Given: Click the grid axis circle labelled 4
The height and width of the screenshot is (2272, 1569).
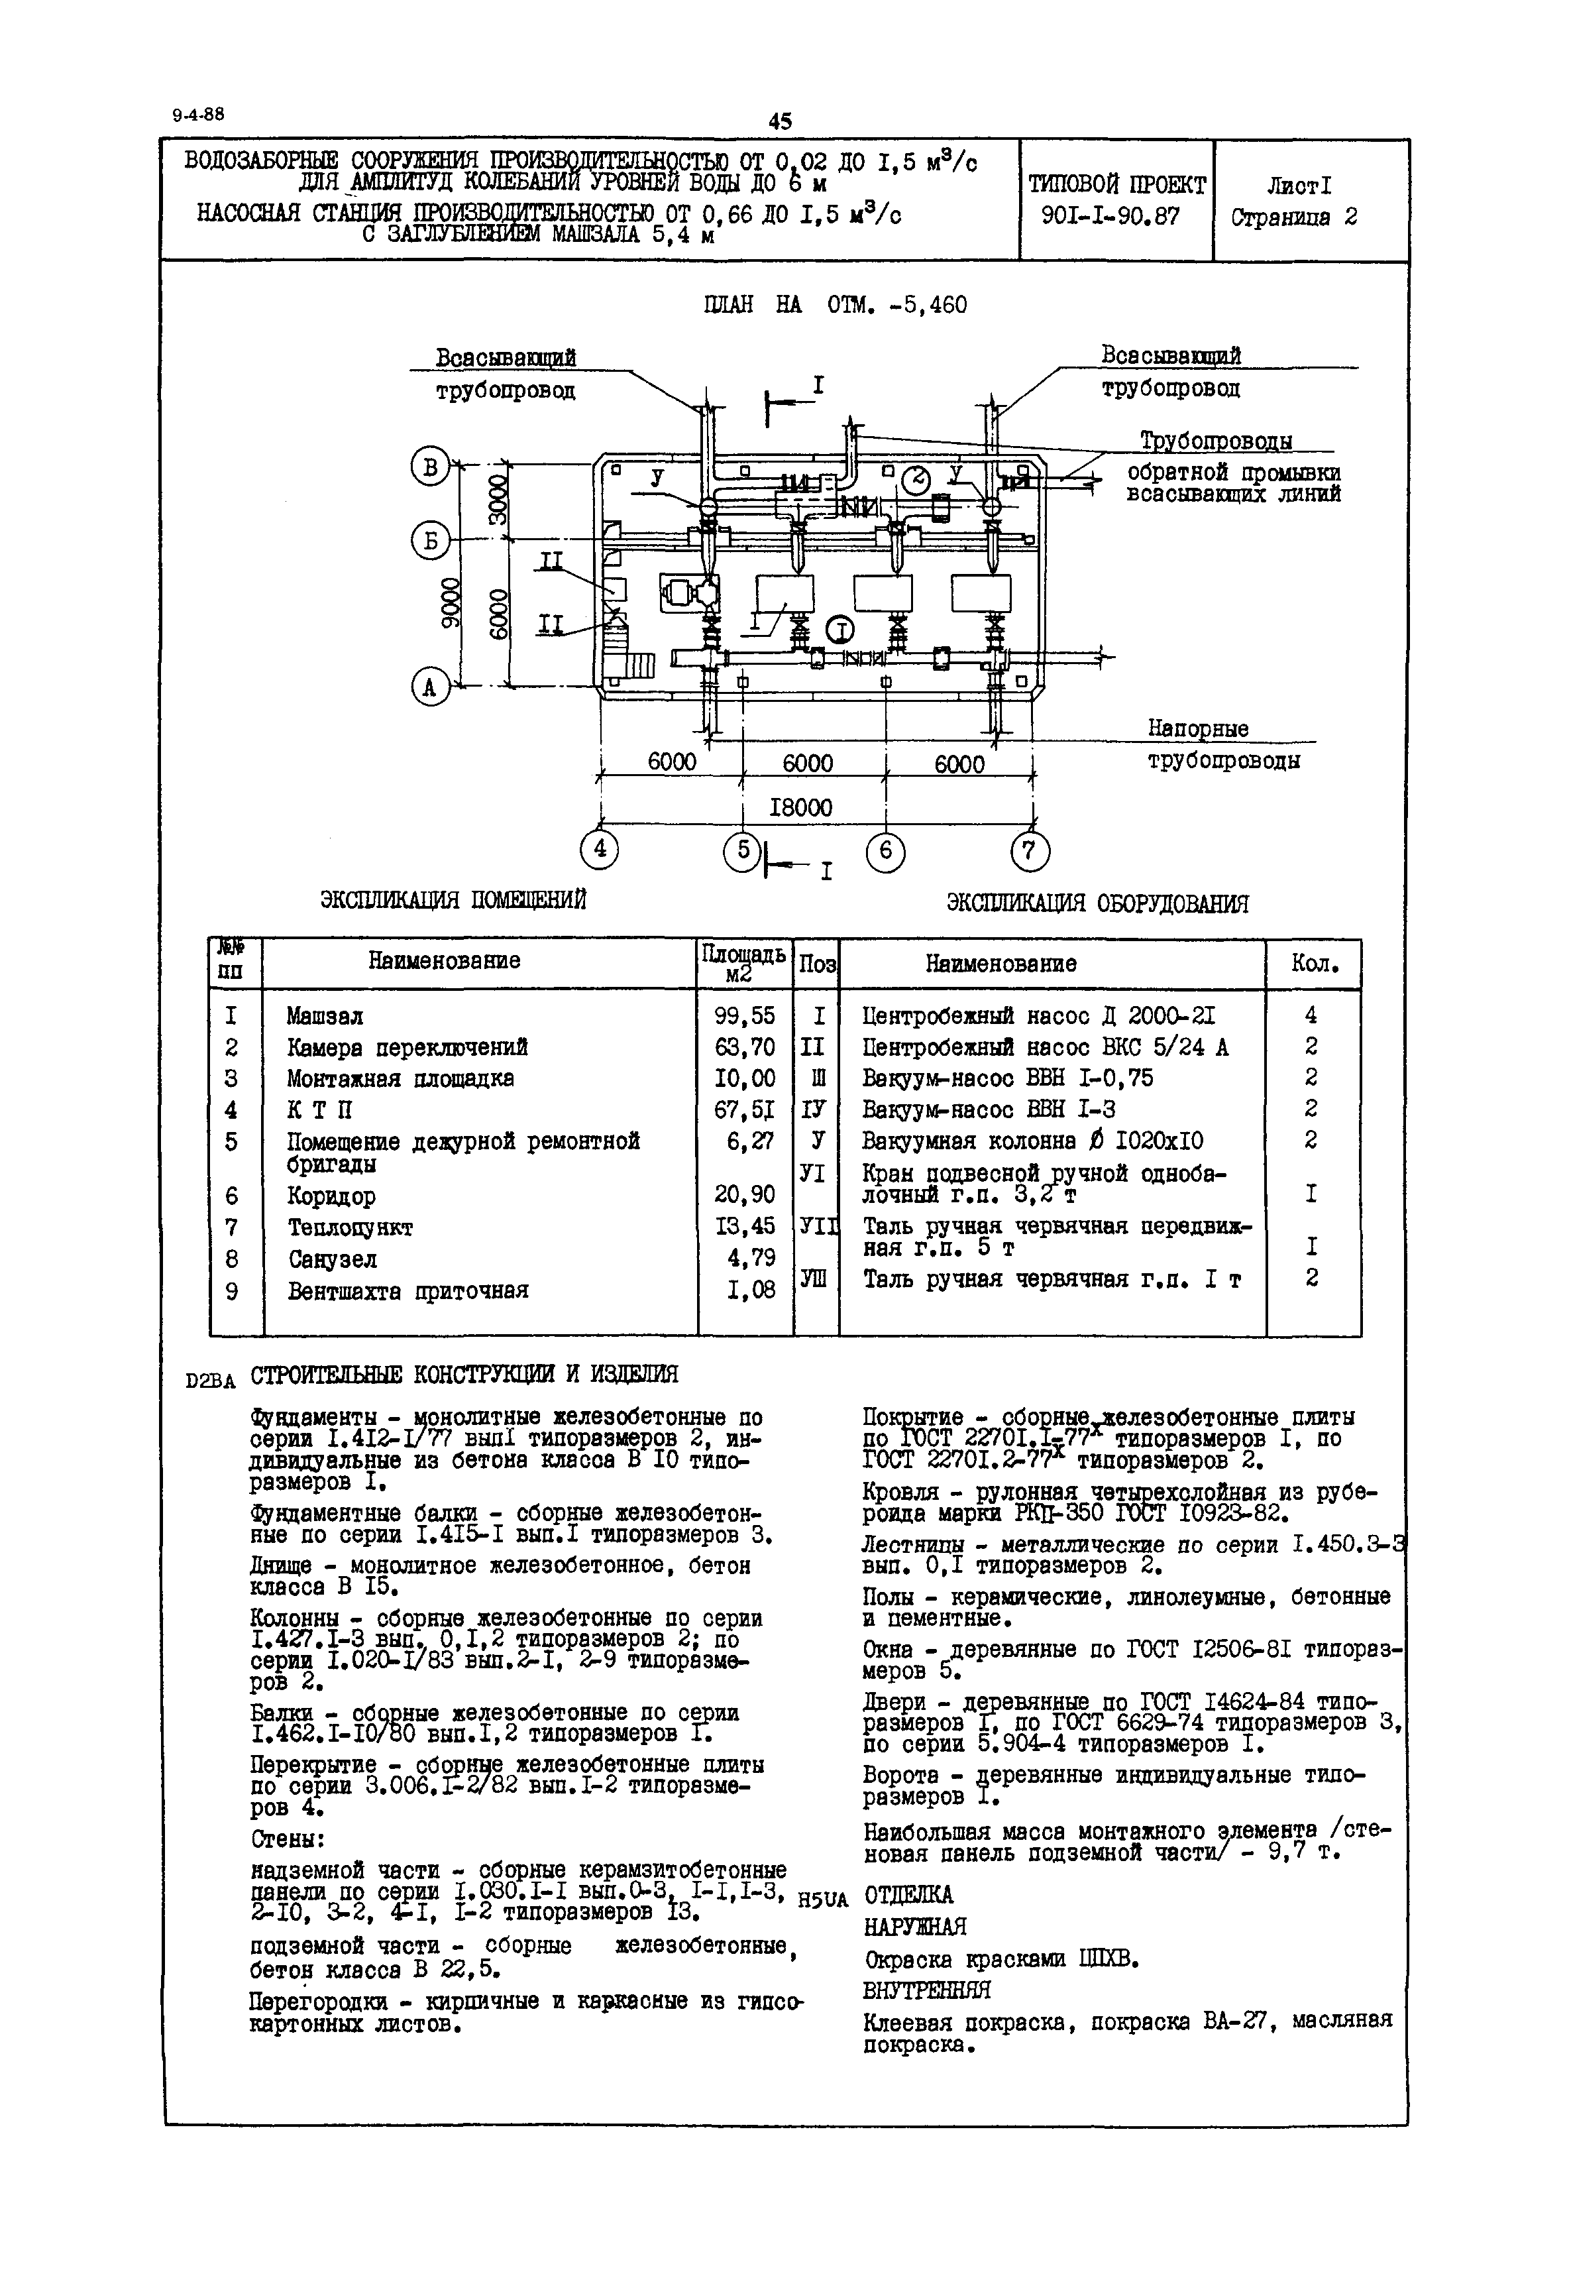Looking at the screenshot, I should [600, 850].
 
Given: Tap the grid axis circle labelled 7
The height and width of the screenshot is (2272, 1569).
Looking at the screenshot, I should [1029, 850].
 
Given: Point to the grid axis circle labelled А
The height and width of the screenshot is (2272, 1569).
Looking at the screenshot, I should [429, 687].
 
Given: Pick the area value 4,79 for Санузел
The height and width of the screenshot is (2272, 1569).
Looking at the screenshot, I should [752, 1259].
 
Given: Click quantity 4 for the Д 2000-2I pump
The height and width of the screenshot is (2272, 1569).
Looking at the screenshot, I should [1311, 1015].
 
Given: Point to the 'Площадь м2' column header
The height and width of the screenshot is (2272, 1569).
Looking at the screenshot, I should [743, 962].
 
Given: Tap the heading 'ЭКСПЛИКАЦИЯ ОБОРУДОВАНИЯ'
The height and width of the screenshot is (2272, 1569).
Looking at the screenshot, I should [1097, 903].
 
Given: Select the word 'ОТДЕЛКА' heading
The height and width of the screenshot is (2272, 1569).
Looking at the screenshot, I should [908, 1894].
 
